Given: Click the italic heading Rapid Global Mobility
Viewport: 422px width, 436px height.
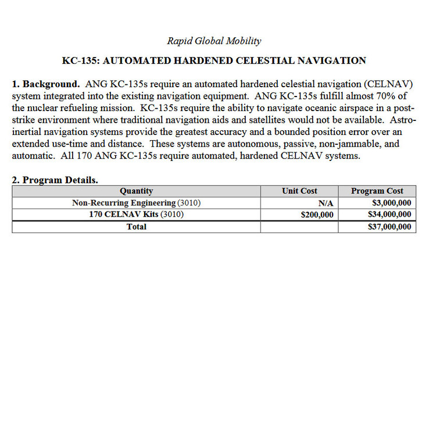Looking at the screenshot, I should (x=214, y=41).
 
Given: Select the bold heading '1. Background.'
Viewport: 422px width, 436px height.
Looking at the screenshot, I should (x=46, y=84).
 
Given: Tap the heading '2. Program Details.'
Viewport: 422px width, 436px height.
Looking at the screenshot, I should (x=55, y=180).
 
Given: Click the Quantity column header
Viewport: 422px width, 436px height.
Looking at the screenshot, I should (x=136, y=191).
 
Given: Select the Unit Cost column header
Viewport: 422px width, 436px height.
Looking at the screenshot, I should (x=299, y=191).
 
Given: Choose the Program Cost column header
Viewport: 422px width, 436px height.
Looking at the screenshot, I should (x=377, y=191).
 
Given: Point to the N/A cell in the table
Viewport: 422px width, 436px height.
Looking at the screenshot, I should (x=326, y=203).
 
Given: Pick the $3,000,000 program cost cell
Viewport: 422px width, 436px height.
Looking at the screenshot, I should (x=391, y=203).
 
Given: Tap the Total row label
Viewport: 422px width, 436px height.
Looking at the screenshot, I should (x=136, y=227).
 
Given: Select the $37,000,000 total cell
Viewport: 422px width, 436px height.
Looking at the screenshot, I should (x=389, y=227).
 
